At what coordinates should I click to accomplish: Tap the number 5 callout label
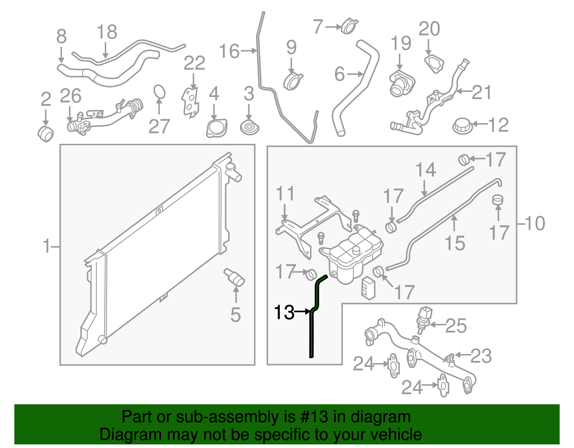235,315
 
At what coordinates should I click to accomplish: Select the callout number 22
194,63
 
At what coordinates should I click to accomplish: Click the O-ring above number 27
160,91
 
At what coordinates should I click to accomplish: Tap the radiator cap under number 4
217,128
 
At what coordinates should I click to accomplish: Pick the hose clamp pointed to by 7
349,26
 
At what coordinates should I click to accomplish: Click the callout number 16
229,51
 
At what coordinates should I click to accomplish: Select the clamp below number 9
293,81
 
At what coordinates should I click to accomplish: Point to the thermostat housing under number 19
401,84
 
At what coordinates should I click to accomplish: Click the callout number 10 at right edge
535,223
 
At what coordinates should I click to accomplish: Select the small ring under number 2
46,134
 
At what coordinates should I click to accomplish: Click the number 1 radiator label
47,246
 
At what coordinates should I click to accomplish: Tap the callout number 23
481,356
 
